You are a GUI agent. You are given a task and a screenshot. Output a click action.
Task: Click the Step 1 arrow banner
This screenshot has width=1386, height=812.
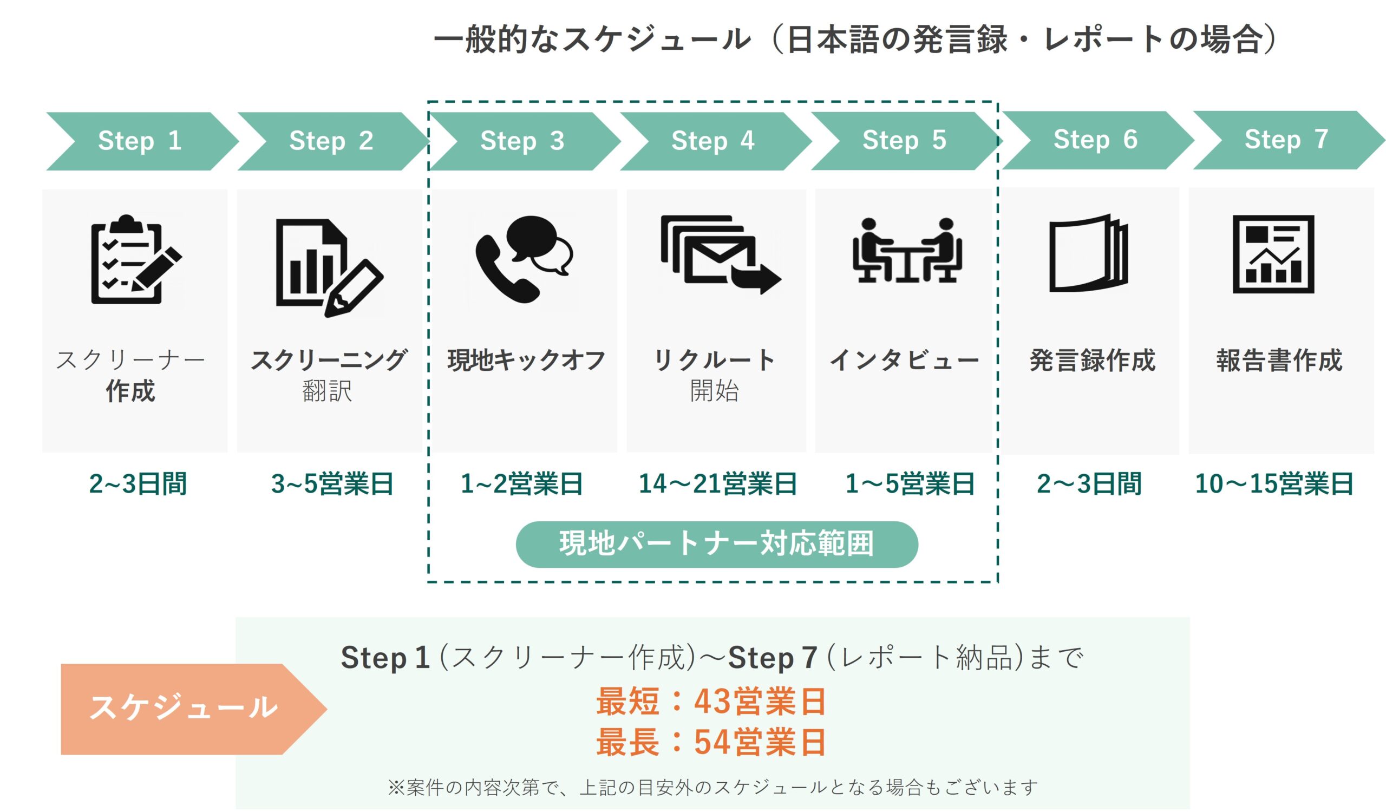coord(140,141)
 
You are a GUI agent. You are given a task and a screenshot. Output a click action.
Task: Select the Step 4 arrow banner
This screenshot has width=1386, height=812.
coord(714,141)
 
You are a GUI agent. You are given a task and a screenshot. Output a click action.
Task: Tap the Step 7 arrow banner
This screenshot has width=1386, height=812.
coord(1286,140)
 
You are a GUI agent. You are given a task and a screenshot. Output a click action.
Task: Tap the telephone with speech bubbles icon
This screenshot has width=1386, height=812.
coord(523,258)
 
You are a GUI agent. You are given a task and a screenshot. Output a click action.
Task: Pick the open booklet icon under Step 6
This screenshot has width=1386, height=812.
coord(1088,253)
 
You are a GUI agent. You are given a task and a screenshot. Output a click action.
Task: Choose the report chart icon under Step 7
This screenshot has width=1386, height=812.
coord(1273,254)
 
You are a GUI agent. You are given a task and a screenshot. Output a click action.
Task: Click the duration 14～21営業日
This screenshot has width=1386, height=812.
coord(717,484)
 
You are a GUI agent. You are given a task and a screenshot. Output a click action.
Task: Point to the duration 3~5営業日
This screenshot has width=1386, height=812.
coord(332,484)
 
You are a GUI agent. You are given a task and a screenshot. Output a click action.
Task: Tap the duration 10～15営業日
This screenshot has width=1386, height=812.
coord(1274,484)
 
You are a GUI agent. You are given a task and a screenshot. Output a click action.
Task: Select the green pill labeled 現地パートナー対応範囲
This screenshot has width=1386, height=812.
coord(717,543)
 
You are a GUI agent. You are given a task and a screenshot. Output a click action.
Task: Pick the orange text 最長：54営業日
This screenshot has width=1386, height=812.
coord(711,742)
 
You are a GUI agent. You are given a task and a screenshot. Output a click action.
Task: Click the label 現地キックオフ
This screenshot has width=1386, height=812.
coord(526,361)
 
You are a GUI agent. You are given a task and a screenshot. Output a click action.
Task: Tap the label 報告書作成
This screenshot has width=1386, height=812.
coord(1279,361)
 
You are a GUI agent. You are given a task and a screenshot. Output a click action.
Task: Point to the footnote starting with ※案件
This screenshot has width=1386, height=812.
coord(712,787)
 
